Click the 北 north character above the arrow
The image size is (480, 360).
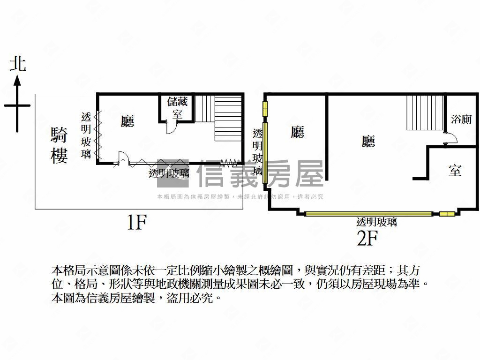point(18,64)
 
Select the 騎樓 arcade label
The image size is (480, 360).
point(59,145)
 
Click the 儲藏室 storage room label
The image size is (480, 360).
point(177,108)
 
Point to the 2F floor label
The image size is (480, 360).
point(367,238)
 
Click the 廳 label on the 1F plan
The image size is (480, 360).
point(127,121)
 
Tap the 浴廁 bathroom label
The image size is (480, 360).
point(461,119)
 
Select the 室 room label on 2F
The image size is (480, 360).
point(455,171)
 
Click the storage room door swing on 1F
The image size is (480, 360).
point(172,127)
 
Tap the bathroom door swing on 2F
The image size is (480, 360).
point(451,138)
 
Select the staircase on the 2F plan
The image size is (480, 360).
point(425,112)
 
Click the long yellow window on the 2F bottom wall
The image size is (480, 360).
point(368,214)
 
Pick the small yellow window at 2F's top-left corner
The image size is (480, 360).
point(265,109)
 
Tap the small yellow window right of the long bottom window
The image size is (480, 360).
point(447,214)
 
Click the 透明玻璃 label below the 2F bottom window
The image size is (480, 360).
point(376,222)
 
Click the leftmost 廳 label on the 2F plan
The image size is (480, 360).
point(297,132)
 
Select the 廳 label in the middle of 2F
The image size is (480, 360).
point(368,142)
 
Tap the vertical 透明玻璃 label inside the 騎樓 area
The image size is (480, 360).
point(86,135)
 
